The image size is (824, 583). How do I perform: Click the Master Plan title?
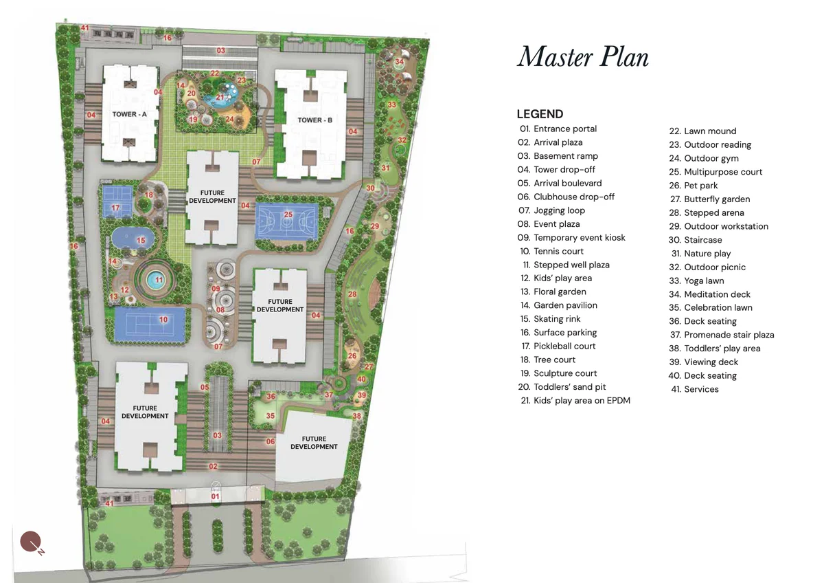(582, 56)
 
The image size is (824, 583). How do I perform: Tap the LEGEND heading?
(540, 114)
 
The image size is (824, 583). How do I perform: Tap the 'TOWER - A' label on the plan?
(130, 114)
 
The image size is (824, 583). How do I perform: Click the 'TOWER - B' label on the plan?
(314, 120)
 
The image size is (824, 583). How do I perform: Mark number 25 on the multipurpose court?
(288, 214)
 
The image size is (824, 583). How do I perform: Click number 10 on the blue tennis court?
(163, 319)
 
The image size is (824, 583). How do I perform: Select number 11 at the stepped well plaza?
(159, 280)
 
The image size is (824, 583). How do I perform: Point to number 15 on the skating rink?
(141, 240)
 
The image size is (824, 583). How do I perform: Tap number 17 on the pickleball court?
(115, 208)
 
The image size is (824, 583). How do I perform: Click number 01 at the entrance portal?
(215, 496)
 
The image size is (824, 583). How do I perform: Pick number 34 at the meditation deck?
(399, 62)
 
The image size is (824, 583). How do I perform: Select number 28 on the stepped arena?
(352, 294)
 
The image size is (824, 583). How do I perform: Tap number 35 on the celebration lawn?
(271, 416)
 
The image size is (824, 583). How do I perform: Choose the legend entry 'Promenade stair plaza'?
(729, 335)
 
